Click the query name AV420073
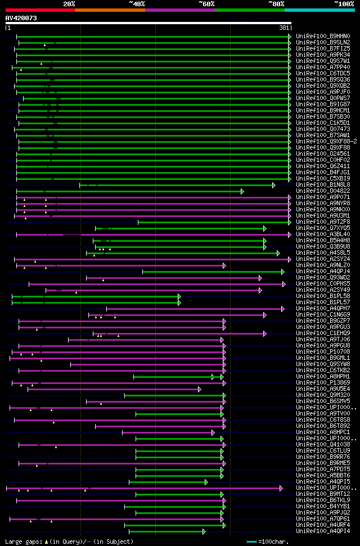click(21, 18)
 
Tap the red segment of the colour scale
click(40, 10)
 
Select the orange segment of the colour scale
click(110, 10)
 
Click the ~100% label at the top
click(344, 3)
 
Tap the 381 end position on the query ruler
click(284, 28)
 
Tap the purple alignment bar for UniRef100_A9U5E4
click(112, 389)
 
